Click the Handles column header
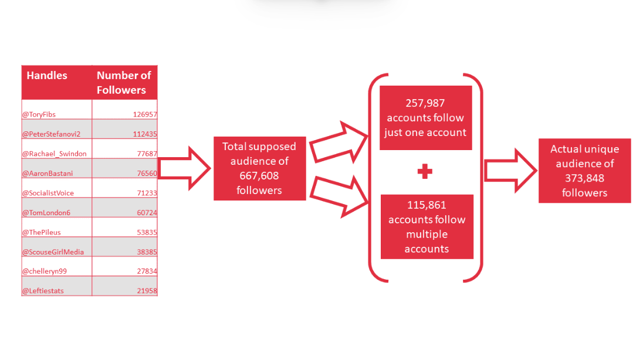pyautogui.click(x=47, y=76)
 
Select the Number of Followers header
pyautogui.click(x=123, y=83)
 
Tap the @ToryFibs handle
pyautogui.click(x=39, y=115)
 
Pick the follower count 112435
pyautogui.click(x=145, y=134)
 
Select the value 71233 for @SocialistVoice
pyautogui.click(x=146, y=193)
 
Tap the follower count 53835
pyautogui.click(x=146, y=232)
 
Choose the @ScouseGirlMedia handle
pyautogui.click(x=53, y=252)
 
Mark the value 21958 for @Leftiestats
pyautogui.click(x=146, y=291)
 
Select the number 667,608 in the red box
pyautogui.click(x=259, y=175)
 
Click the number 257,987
pyautogui.click(x=425, y=103)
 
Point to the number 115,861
pyautogui.click(x=427, y=205)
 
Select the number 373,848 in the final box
pyautogui.click(x=584, y=178)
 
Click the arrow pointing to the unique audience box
pyautogui.click(x=509, y=171)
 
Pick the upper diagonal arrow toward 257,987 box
pyautogui.click(x=339, y=143)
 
